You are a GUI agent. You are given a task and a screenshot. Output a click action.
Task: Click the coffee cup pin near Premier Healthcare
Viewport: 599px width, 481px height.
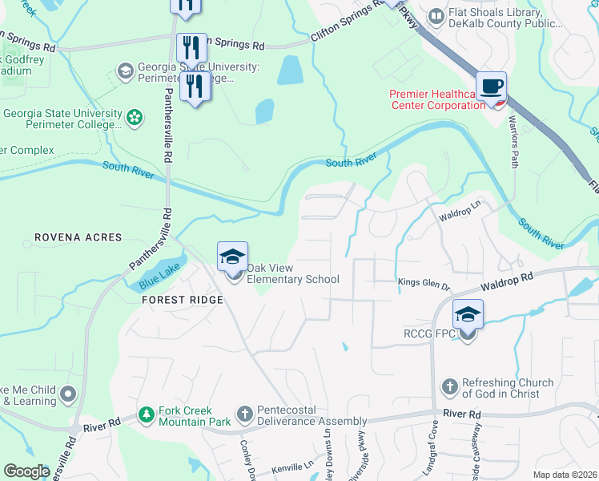(x=491, y=87)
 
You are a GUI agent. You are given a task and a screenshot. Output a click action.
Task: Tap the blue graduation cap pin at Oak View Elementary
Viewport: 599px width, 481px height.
(x=232, y=257)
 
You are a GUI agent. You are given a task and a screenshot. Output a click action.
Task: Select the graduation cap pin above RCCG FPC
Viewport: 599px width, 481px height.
(x=468, y=315)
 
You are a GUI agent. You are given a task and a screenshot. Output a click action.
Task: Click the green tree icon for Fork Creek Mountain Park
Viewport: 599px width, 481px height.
(x=146, y=414)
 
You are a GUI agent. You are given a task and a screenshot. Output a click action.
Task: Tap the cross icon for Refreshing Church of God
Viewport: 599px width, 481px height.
(x=448, y=387)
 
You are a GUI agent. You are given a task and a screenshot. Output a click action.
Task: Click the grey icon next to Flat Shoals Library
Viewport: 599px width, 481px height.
(x=436, y=15)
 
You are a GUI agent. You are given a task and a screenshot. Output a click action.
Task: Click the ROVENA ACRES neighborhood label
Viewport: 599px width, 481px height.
(x=78, y=237)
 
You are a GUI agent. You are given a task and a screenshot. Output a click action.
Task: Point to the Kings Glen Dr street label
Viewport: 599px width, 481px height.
(x=425, y=281)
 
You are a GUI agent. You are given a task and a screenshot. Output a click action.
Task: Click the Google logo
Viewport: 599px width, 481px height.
(x=26, y=471)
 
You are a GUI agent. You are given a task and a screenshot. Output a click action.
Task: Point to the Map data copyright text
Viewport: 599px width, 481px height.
(x=564, y=475)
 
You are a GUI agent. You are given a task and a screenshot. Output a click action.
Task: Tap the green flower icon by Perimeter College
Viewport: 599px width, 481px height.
(x=134, y=118)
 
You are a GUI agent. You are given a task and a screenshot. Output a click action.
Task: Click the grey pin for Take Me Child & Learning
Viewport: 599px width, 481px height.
(x=67, y=394)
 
